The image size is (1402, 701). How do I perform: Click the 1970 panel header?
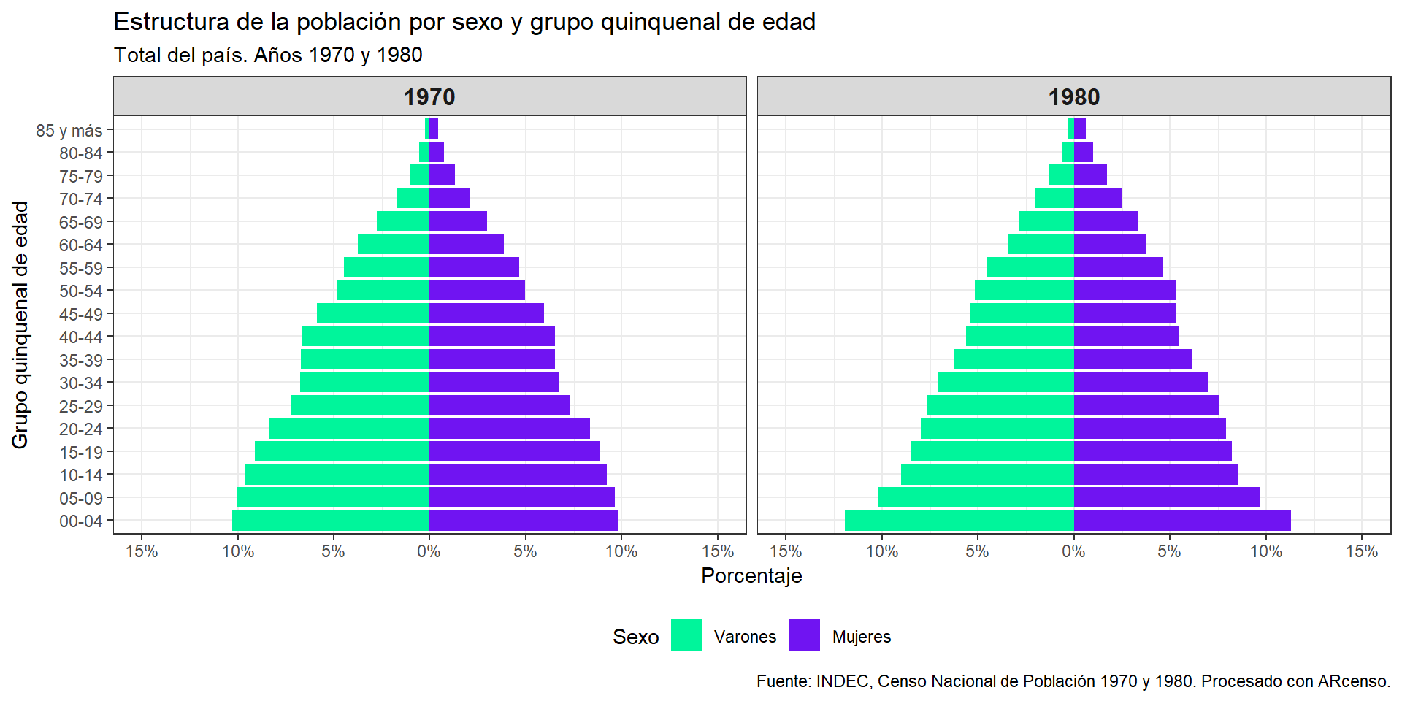429,96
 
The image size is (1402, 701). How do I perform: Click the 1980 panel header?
1074,96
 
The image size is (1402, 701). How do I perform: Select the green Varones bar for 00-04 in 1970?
331,521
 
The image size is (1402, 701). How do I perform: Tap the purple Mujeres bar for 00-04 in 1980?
1182,521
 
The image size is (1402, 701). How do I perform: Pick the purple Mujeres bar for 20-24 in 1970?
510,429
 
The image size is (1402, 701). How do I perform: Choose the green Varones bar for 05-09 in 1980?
976,497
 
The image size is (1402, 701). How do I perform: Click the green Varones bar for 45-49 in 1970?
373,313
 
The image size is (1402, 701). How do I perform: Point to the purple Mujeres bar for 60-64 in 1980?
1110,244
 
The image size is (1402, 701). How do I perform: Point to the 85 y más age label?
69,131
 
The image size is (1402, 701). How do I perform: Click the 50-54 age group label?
81,291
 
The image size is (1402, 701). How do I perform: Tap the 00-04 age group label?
81,521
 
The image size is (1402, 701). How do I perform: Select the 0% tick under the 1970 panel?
429,552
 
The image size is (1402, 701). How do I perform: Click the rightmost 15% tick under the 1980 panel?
1362,552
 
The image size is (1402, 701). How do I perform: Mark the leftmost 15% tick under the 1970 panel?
142,552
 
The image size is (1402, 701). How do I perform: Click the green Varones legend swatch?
686,635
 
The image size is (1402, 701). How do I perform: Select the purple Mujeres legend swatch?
805,635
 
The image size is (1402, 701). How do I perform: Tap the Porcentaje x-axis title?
751,576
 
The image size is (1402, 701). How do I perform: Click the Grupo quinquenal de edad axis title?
20,325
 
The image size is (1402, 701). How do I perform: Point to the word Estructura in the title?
172,22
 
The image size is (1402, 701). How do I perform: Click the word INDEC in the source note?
843,681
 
